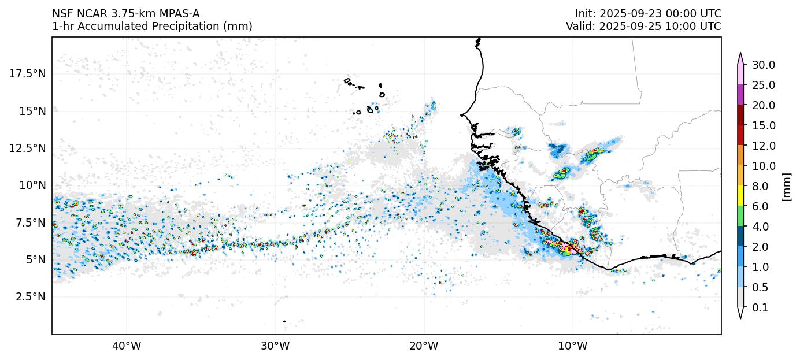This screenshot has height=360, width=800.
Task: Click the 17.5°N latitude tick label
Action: click(28, 73)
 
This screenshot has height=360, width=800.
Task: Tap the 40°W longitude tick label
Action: click(126, 346)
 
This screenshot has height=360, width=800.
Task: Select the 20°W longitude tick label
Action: click(424, 346)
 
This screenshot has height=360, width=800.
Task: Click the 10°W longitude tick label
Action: click(572, 346)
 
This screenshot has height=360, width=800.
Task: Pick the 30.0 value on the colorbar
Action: click(763, 65)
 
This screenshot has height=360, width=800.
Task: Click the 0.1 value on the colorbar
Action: click(760, 308)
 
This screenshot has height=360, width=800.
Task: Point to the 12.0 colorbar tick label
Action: click(763, 146)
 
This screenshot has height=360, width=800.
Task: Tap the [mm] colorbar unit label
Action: click(786, 186)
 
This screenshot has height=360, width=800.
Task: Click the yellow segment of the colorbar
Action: click(740, 196)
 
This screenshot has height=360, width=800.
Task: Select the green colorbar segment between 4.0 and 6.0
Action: click(740, 216)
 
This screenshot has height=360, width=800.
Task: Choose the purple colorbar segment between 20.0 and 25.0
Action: click(740, 95)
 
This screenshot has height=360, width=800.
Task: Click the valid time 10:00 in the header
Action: click(684, 26)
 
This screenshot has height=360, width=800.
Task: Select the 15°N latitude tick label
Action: click(32, 111)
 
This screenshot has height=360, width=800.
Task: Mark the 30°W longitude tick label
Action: click(275, 346)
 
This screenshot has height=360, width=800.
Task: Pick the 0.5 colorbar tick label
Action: click(760, 287)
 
